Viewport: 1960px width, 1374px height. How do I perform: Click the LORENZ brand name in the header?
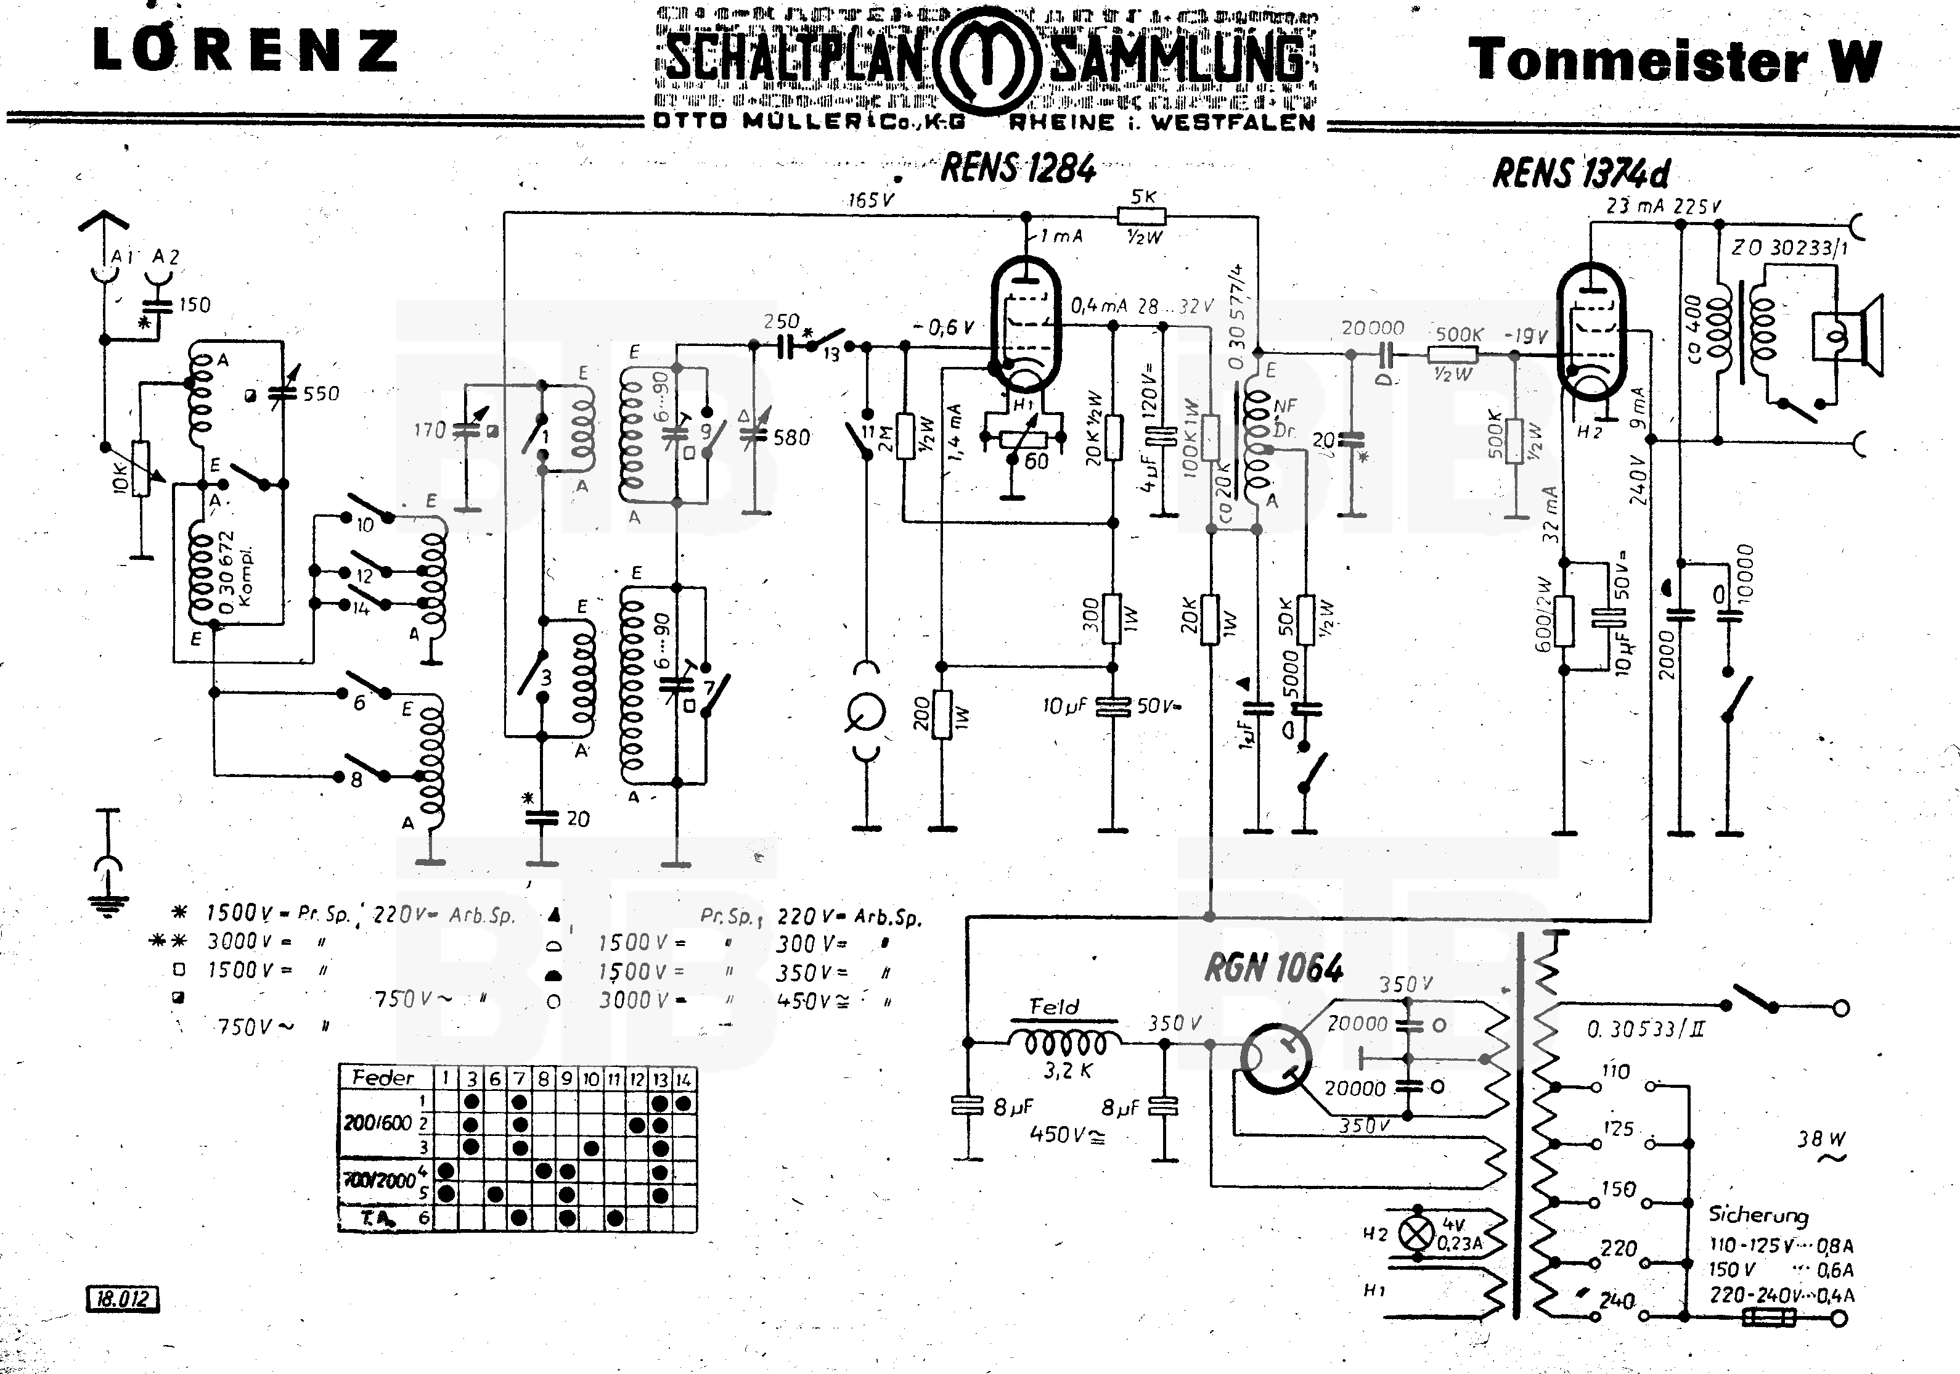(x=245, y=51)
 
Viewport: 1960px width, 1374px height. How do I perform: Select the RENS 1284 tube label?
(x=1018, y=168)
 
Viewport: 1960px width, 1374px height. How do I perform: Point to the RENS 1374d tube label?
(x=1581, y=173)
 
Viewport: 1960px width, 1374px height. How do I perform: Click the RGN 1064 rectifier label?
(x=1273, y=968)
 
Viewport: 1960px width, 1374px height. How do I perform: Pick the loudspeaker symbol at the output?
(x=1848, y=335)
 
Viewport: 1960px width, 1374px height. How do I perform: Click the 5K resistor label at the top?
(x=1143, y=196)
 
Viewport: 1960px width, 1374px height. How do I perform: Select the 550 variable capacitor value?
(x=321, y=393)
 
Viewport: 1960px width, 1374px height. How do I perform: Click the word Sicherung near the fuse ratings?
(x=1758, y=1214)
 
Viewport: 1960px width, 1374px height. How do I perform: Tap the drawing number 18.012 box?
(x=123, y=1299)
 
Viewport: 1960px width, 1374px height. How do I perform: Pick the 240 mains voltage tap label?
(x=1617, y=1301)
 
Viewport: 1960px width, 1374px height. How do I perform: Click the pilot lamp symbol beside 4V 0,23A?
(x=1418, y=1234)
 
